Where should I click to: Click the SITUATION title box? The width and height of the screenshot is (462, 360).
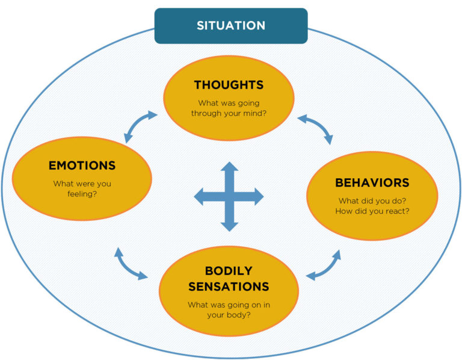tap(231, 26)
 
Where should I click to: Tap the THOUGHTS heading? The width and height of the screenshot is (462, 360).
tap(229, 85)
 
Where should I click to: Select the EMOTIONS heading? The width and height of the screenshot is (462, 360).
tap(82, 166)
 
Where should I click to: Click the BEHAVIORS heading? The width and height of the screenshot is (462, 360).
tap(372, 182)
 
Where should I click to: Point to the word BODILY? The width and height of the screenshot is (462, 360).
tap(229, 271)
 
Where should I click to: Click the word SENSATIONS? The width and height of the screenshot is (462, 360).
tap(229, 286)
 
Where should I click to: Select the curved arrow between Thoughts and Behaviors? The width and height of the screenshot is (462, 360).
tap(316, 128)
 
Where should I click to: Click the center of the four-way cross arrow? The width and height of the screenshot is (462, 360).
tap(229, 196)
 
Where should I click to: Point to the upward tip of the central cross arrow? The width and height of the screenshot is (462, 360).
tap(229, 164)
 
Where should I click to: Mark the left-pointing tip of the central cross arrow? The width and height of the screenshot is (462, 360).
tap(197, 196)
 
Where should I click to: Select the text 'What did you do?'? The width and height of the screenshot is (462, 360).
tap(372, 200)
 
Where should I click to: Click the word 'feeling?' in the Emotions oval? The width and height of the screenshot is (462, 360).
tap(82, 194)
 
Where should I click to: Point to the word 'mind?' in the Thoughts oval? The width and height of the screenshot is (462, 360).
tap(252, 113)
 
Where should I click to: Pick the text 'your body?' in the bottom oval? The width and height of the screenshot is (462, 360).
tap(229, 315)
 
